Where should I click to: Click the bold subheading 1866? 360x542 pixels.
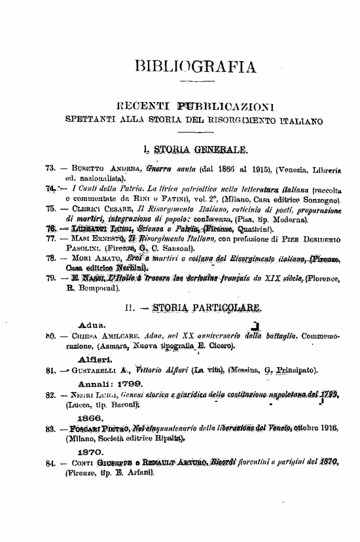point(88,416)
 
